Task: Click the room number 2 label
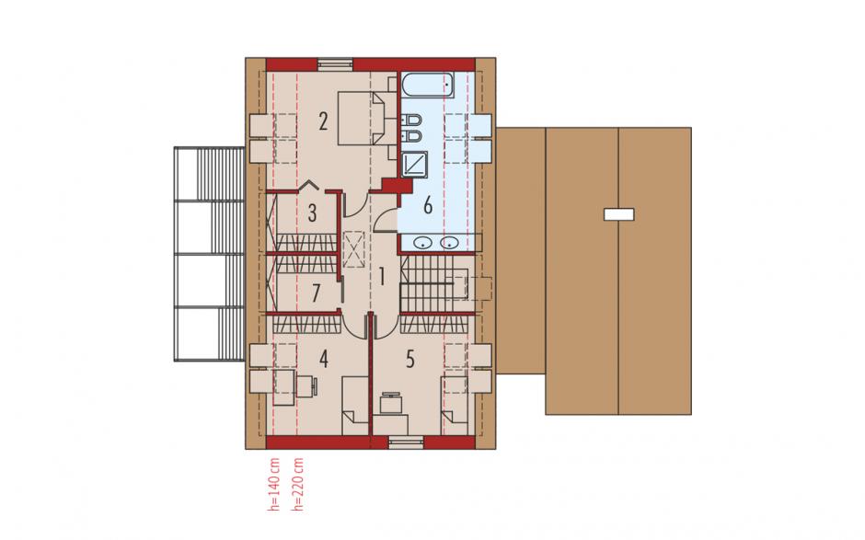click(323, 121)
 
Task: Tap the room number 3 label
click(312, 213)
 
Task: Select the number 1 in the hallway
click(381, 276)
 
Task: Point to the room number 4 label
click(323, 359)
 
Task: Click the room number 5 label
click(409, 359)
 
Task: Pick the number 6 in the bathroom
click(428, 205)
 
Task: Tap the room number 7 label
click(316, 293)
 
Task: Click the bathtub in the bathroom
click(428, 86)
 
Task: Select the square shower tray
click(414, 163)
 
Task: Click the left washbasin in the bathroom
click(423, 242)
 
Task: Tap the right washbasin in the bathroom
click(450, 242)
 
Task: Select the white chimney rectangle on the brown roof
click(619, 214)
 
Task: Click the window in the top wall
click(335, 64)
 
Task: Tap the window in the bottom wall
click(407, 442)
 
